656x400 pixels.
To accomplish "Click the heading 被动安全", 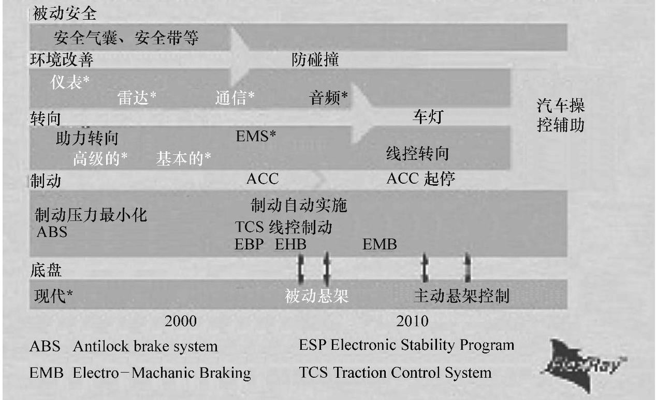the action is (x=64, y=14).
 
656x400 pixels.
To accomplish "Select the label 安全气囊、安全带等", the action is (x=126, y=38).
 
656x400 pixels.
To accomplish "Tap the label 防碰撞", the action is (x=315, y=60).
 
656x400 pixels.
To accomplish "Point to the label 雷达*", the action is (x=137, y=98).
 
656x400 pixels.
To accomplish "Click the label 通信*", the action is (x=235, y=98).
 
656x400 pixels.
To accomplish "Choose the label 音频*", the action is (x=328, y=98).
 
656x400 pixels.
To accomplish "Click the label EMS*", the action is (x=256, y=137).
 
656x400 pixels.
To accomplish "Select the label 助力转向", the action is (x=86, y=138).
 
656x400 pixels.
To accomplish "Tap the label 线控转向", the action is (x=417, y=154).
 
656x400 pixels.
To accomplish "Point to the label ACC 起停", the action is (x=420, y=179).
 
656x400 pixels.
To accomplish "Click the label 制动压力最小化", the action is (x=91, y=214).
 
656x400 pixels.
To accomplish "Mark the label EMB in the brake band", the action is (x=380, y=244).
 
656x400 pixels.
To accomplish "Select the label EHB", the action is (x=290, y=244).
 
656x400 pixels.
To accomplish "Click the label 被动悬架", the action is (x=317, y=296).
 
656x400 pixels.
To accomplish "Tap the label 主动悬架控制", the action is (x=461, y=296).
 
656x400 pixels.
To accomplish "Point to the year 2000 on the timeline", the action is (x=181, y=321).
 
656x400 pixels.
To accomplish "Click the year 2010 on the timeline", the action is (x=412, y=321).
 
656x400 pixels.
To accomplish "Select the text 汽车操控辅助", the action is (x=561, y=116).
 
